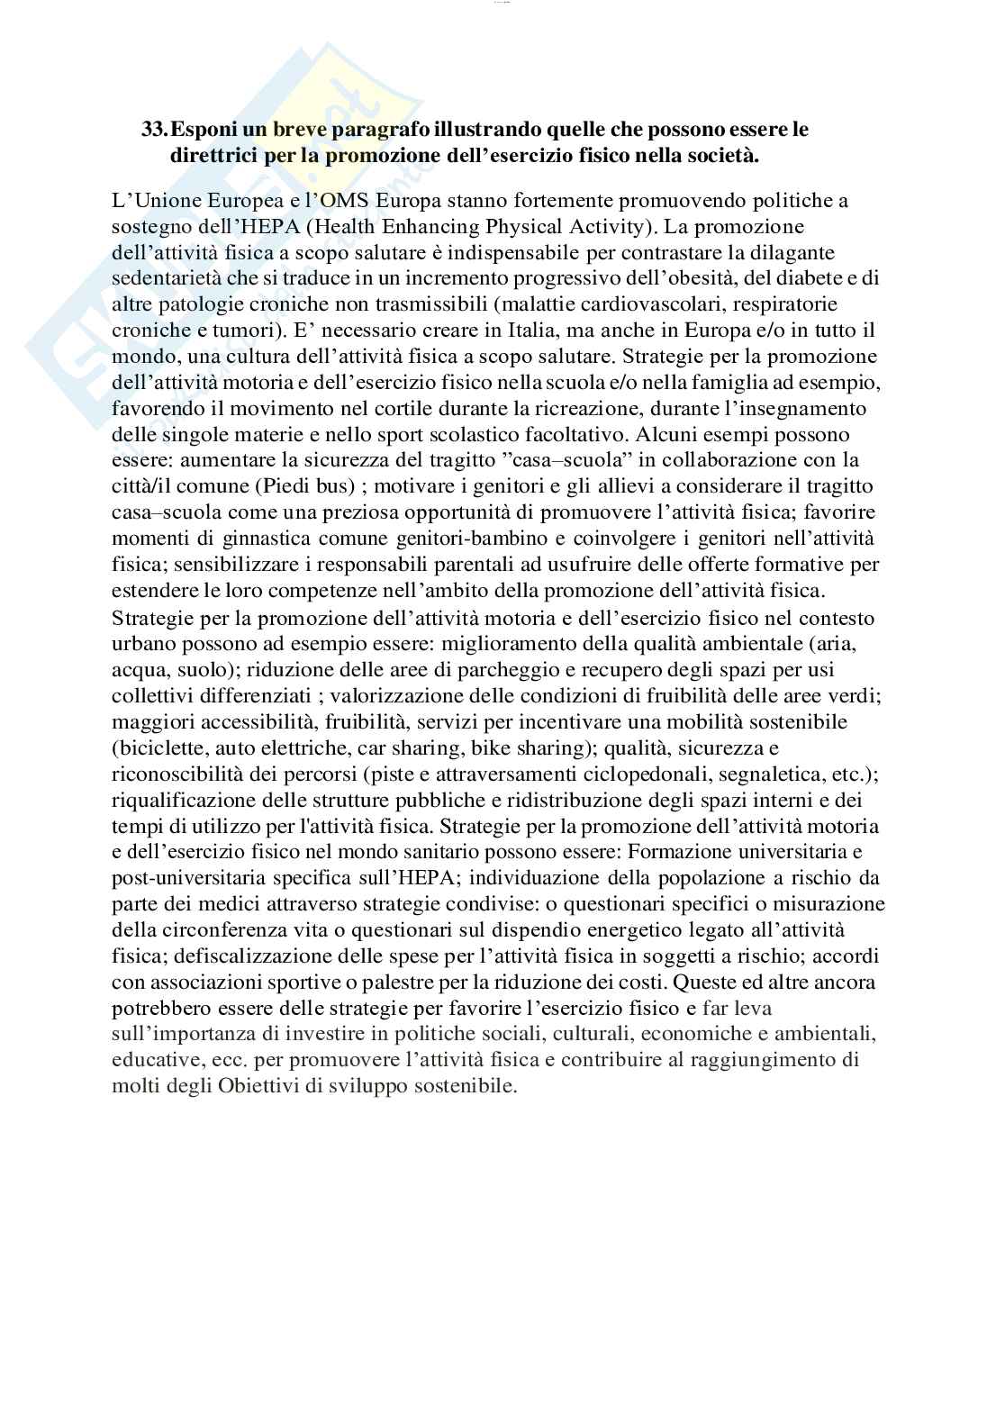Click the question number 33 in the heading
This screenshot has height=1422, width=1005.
(x=153, y=130)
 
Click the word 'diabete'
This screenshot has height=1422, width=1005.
(x=793, y=278)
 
